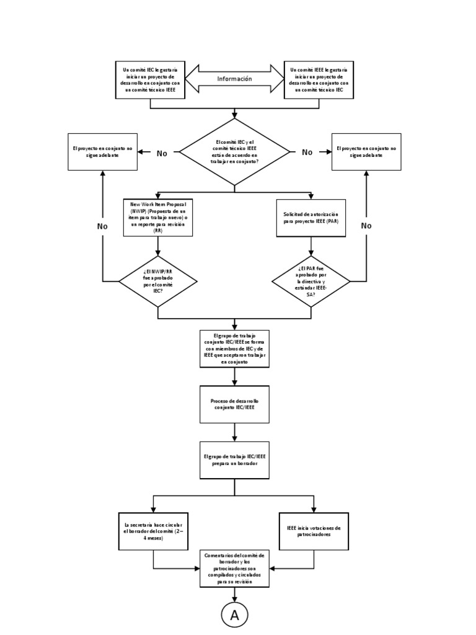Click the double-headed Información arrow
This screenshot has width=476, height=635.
coord(234,79)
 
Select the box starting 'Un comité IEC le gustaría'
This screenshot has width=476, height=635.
coord(150,79)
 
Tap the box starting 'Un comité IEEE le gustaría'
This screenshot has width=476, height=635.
coord(319,79)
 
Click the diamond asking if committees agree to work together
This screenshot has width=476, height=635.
coord(234,152)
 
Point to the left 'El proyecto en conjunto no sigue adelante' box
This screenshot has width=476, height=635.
coord(103,152)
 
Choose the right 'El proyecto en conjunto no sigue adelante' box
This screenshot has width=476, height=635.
coord(366,152)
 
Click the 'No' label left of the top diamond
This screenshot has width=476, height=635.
coord(162,153)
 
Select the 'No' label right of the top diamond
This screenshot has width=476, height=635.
coord(307,153)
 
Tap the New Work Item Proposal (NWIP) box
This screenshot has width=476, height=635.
coord(158,218)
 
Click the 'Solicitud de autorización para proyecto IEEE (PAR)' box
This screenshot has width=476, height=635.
coord(311,218)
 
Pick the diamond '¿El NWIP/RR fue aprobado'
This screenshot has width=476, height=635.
coord(158,282)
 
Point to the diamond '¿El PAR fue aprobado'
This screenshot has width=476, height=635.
coord(311,282)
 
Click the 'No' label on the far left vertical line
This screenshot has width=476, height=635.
coord(102,226)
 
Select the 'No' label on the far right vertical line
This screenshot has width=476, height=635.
coord(366,226)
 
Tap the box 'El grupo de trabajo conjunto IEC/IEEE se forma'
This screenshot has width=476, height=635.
coord(234,348)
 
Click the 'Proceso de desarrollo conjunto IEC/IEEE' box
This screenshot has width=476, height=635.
coord(234,404)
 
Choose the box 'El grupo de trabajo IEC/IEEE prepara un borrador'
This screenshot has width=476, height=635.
coord(234,460)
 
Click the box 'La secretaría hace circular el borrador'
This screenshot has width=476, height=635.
coord(153,531)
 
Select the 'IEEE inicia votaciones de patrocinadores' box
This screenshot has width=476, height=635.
coord(314,531)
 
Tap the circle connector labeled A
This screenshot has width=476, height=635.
coord(234,615)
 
